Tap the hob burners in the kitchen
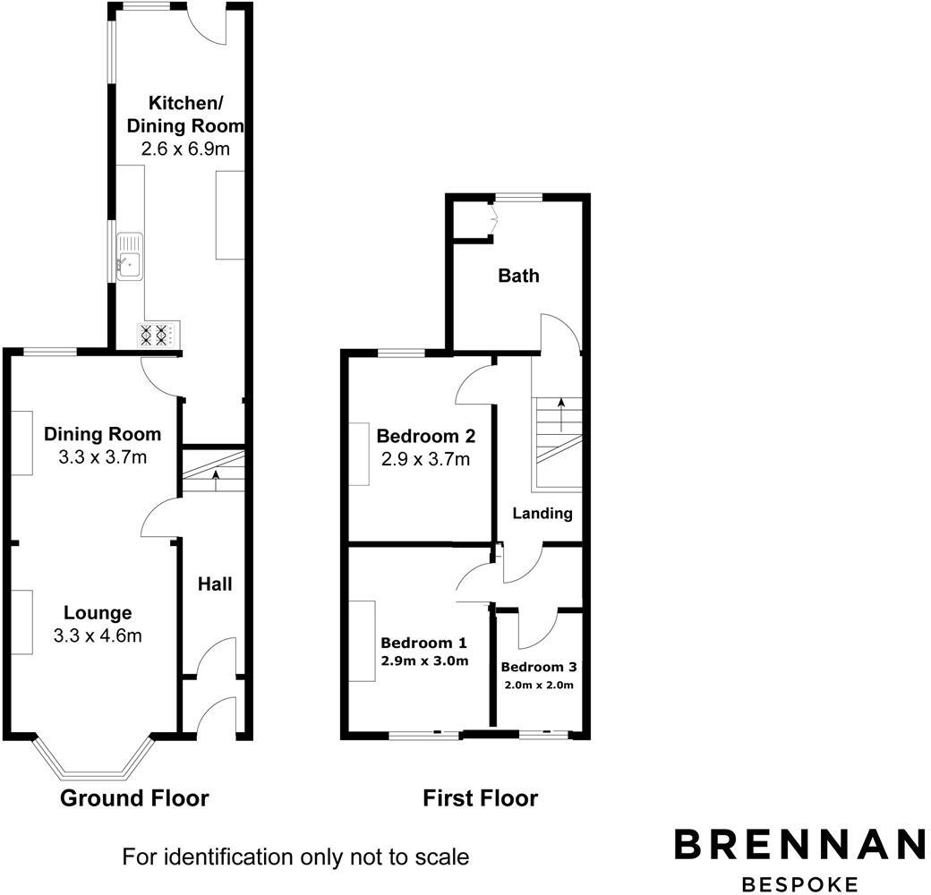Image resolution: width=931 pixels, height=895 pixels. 153,336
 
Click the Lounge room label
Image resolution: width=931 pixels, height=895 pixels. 98,613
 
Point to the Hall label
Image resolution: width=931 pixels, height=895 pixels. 215,584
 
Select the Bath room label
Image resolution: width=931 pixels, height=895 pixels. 519,275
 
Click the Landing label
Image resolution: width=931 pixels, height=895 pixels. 542,514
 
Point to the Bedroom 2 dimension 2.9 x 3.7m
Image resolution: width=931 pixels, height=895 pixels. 425,460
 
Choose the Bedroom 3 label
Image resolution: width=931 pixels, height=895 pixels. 538,667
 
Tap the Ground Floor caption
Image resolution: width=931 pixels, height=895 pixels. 134,797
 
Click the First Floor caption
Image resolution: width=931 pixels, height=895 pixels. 481,797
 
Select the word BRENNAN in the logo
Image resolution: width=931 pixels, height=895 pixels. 799,845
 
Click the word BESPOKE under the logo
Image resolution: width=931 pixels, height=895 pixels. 799,883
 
